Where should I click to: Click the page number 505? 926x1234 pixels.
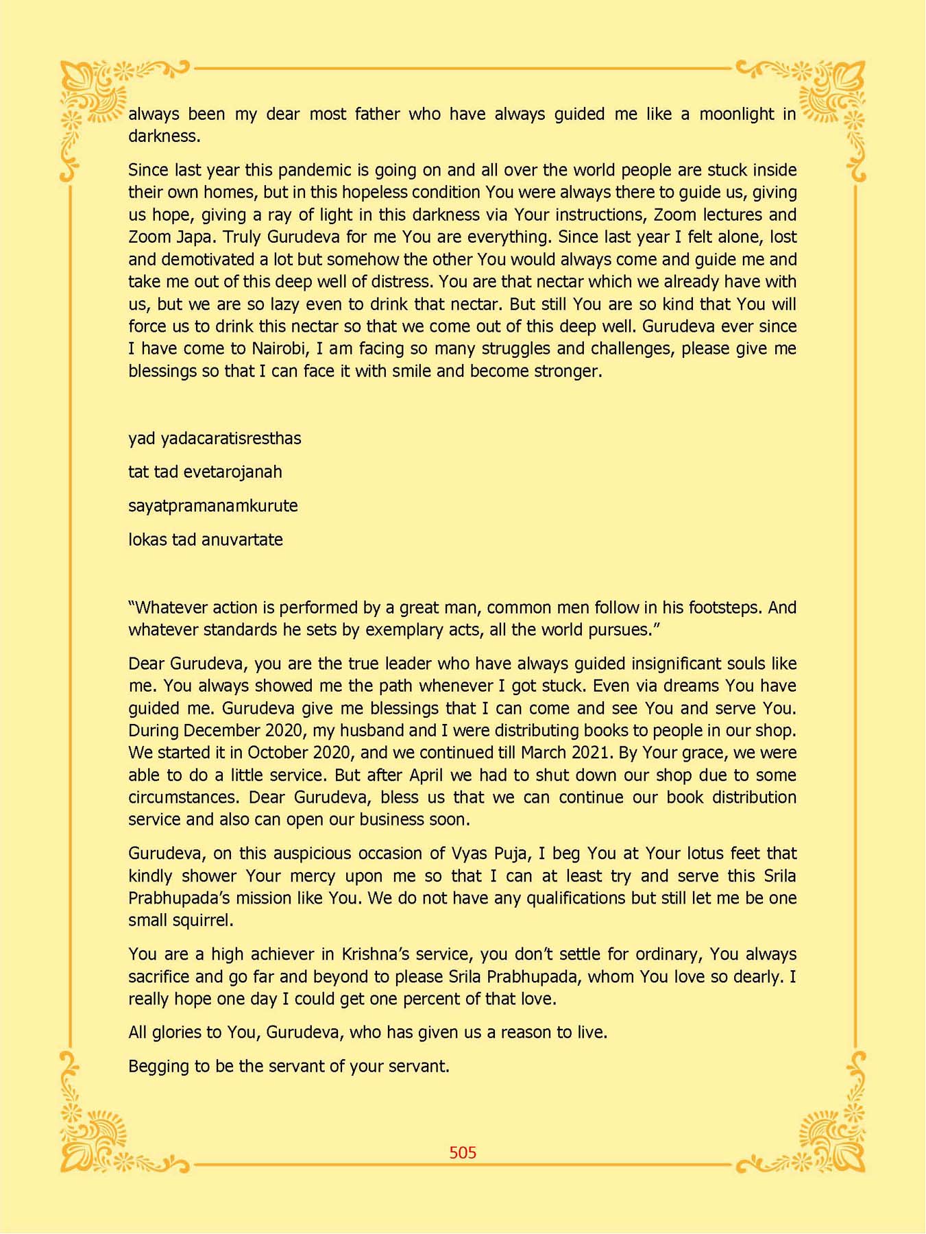[x=463, y=1152]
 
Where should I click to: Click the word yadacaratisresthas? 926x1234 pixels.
[x=231, y=438]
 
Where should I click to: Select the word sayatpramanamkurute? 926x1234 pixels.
[x=212, y=505]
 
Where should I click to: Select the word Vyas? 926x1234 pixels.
[x=470, y=854]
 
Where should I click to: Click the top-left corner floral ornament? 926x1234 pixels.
[x=96, y=96]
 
